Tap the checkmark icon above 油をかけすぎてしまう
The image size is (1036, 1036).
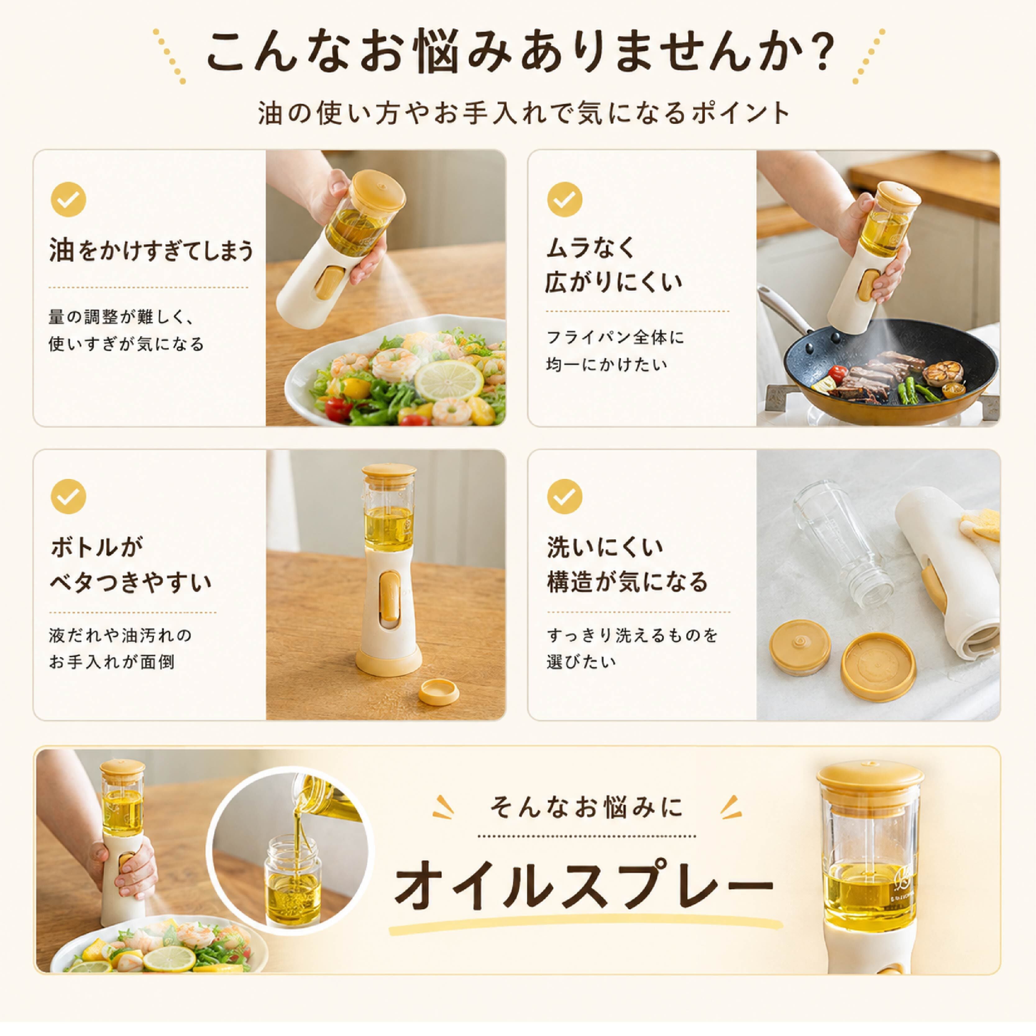(x=69, y=199)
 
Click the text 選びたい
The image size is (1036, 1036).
(x=581, y=662)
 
